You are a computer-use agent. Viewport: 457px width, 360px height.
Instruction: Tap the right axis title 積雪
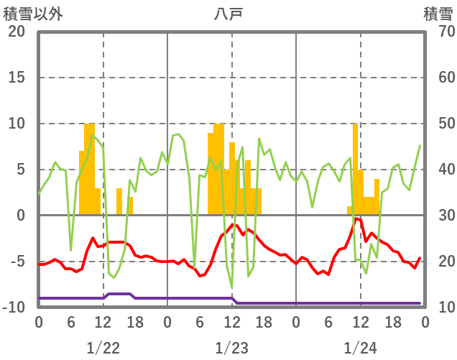[438, 14]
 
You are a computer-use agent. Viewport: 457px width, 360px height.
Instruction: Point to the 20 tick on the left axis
[16, 32]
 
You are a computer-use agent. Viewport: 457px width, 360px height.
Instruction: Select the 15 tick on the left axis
[16, 78]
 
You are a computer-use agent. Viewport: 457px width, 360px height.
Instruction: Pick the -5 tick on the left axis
[16, 262]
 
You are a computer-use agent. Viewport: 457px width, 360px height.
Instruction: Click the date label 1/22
[103, 348]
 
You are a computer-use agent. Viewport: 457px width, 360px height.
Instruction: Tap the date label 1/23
[231, 348]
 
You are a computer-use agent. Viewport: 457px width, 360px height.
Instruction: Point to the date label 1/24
[360, 348]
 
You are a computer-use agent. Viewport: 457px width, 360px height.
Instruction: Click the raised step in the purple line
[119, 294]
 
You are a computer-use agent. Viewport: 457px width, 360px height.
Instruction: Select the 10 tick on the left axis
[16, 124]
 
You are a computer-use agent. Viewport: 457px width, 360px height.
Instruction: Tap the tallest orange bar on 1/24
[355, 169]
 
